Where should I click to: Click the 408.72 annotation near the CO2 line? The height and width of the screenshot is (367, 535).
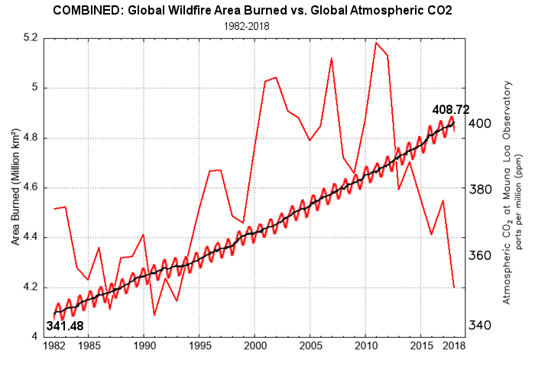pos(450,109)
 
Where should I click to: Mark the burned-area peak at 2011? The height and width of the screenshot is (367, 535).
pos(376,43)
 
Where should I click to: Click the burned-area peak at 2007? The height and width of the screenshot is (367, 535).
pos(332,58)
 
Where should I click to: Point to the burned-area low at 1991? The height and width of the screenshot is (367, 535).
pos(154,314)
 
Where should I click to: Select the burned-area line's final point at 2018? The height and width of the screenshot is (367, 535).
pos(454,287)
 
